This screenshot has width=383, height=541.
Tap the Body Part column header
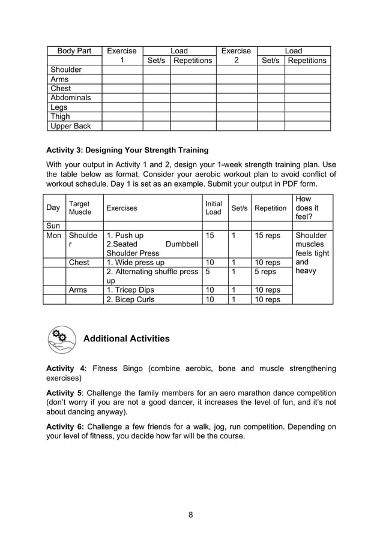click(x=74, y=51)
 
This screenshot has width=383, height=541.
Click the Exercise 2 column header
click(x=236, y=56)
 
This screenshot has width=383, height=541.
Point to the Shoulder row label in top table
click(x=66, y=70)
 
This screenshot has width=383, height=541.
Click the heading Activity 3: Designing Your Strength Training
click(x=127, y=150)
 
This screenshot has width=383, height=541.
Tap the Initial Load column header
click(x=213, y=208)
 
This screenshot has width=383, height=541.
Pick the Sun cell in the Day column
click(x=53, y=226)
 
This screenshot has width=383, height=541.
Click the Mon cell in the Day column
click(x=54, y=236)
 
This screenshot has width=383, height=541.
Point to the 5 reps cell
click(x=265, y=272)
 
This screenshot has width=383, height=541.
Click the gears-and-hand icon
click(x=61, y=339)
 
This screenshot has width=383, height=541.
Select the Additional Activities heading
click(x=126, y=339)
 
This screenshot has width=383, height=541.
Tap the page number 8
click(x=191, y=514)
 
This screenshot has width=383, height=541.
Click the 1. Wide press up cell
click(x=135, y=262)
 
